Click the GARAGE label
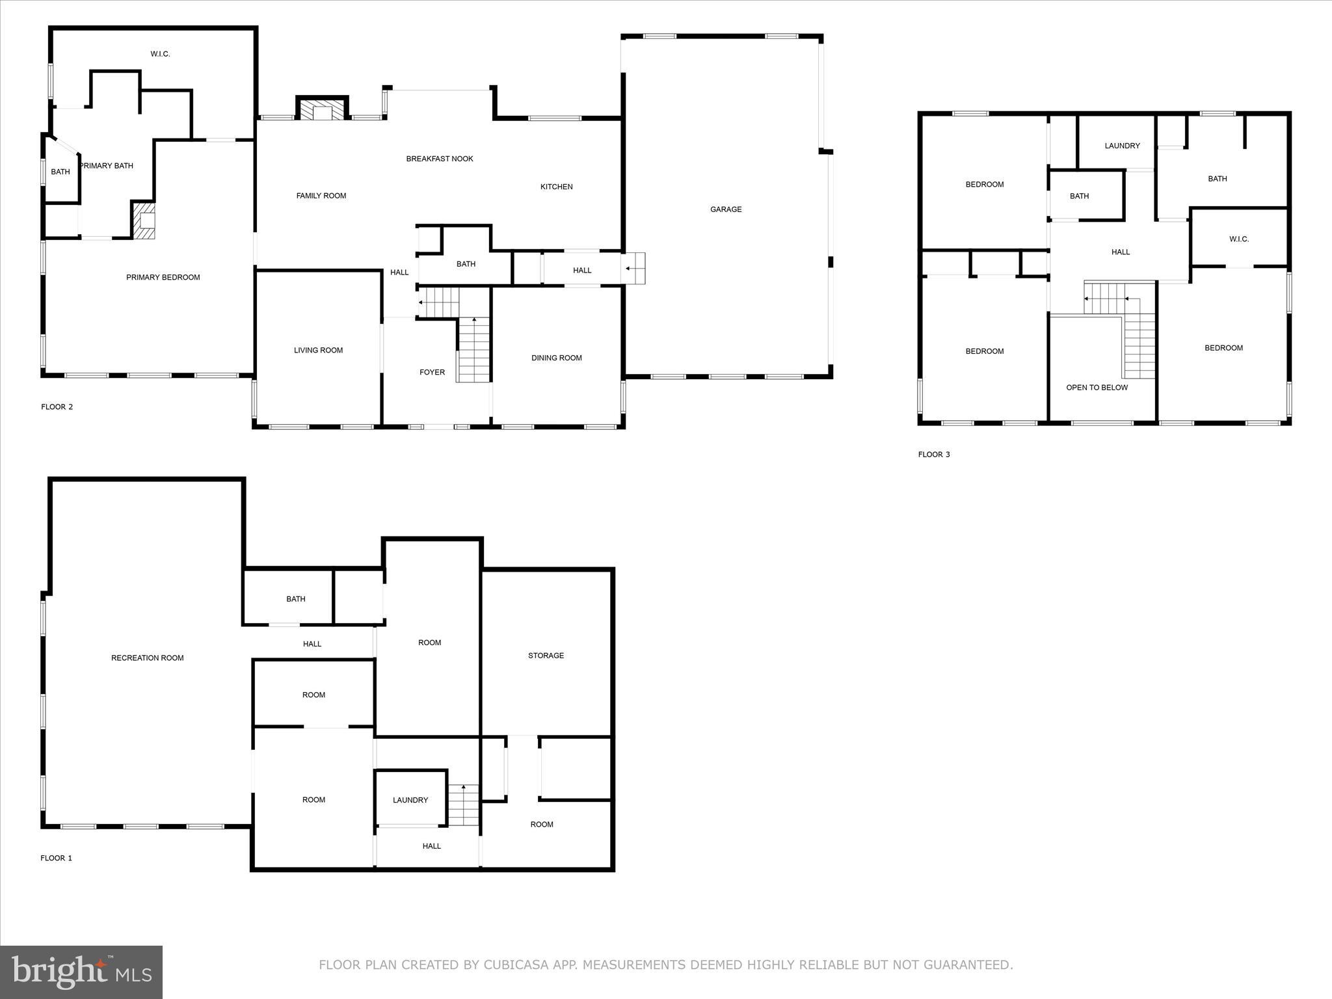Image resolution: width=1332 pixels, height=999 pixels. [725, 209]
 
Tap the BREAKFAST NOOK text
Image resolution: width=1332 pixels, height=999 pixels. [440, 159]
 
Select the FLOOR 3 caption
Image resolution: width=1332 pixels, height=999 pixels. [933, 455]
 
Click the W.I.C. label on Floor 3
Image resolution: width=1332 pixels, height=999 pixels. [1238, 239]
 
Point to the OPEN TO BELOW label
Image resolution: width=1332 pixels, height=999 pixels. [1097, 388]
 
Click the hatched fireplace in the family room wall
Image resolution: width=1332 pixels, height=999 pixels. [323, 111]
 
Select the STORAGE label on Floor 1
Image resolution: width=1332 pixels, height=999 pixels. [546, 656]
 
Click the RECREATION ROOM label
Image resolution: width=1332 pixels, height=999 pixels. [147, 658]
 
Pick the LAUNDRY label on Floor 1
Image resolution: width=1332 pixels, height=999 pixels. [410, 800]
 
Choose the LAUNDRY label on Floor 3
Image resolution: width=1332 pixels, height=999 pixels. [1122, 146]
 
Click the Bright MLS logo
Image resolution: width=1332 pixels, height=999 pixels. [81, 972]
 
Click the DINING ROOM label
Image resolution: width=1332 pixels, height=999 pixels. [556, 358]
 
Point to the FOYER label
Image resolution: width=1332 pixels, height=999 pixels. [432, 373]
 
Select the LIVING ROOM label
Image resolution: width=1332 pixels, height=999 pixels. [318, 351]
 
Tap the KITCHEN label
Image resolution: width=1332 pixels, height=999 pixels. [556, 187]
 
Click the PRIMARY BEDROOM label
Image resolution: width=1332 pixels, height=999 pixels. [163, 278]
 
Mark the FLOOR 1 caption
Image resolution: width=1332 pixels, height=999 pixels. [56, 859]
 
